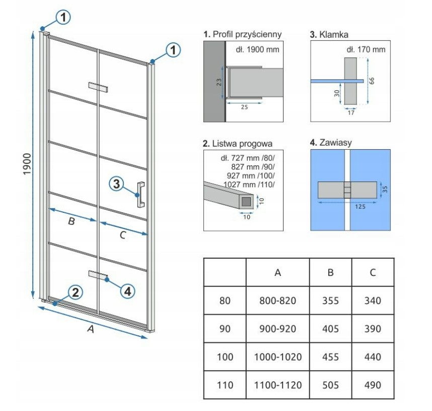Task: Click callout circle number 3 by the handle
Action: (x=116, y=184)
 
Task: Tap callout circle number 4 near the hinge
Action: (x=127, y=291)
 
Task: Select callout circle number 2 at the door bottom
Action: (x=75, y=292)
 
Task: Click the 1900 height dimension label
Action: (x=27, y=164)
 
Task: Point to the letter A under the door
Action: (x=91, y=329)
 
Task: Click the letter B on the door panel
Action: (x=71, y=221)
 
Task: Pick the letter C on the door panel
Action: (x=123, y=235)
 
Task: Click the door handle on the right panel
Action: (x=141, y=194)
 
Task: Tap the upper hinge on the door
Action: (x=98, y=87)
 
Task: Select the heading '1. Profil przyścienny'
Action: (x=243, y=34)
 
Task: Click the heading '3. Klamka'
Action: (x=329, y=34)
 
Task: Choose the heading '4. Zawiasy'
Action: (x=331, y=142)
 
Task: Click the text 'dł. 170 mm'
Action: (x=366, y=50)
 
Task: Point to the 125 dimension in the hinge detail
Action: (x=360, y=206)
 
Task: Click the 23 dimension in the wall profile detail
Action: (x=219, y=82)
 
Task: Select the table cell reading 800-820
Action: (x=278, y=301)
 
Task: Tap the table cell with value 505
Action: (x=331, y=385)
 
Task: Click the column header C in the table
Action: (x=373, y=272)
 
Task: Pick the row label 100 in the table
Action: (x=225, y=357)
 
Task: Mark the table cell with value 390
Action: (x=373, y=329)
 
